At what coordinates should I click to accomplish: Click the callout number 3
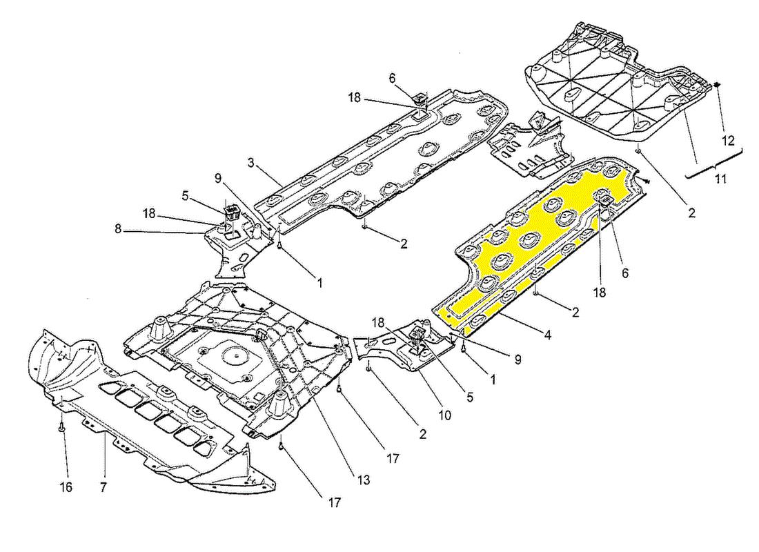pos(252,163)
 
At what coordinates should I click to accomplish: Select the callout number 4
pos(547,336)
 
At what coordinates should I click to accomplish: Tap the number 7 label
pos(103,488)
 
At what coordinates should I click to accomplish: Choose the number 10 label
pos(444,415)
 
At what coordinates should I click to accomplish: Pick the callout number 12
pos(728,140)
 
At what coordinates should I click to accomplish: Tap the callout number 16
pos(66,488)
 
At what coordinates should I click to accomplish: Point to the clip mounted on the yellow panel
pos(607,200)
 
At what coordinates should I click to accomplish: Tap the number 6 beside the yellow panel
pos(624,273)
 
